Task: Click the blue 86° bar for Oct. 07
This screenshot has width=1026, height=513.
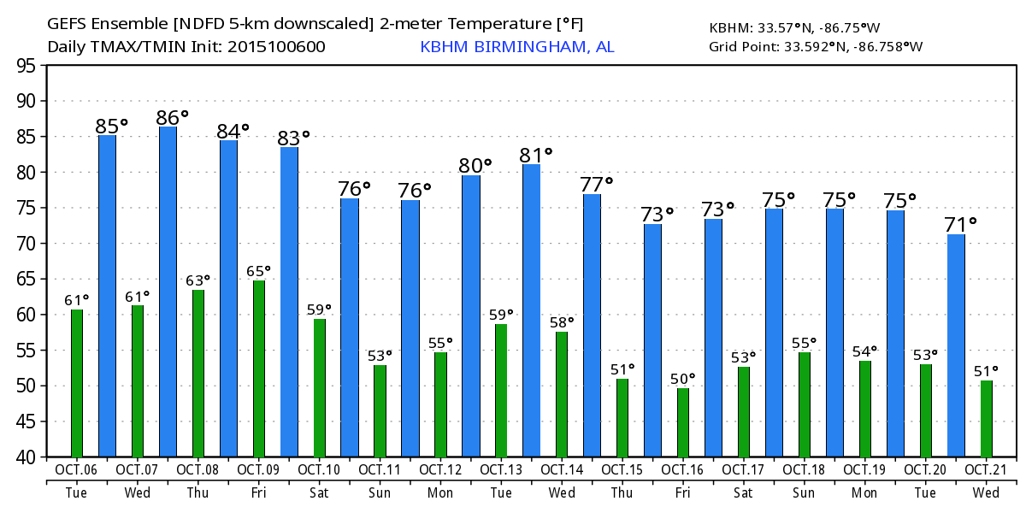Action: (168, 291)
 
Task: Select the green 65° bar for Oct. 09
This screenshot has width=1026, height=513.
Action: (258, 369)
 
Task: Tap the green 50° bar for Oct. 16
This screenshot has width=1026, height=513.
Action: (682, 422)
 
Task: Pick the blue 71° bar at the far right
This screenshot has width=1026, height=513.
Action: (956, 345)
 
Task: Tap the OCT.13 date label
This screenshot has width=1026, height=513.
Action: (501, 469)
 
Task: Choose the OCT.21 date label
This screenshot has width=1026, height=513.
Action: (986, 469)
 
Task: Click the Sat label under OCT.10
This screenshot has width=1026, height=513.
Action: (319, 493)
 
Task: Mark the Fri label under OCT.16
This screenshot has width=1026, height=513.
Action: (682, 493)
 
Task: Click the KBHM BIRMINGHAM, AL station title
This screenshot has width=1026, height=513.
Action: (516, 47)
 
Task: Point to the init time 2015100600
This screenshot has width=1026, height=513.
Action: (276, 47)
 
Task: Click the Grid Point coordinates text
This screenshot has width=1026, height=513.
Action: (816, 47)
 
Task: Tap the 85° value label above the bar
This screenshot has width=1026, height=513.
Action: (111, 127)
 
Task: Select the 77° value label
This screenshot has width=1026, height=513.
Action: (596, 186)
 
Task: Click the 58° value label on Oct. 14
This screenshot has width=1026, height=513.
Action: (561, 322)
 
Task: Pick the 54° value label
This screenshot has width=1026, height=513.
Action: (864, 351)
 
